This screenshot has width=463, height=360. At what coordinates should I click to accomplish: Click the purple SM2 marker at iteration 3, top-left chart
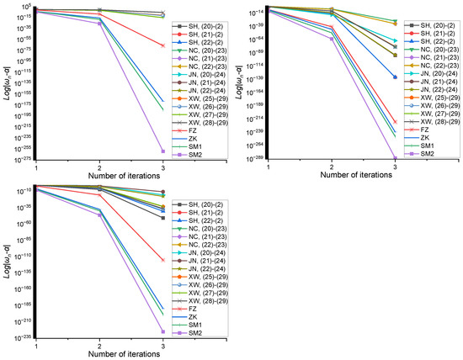coord(162,151)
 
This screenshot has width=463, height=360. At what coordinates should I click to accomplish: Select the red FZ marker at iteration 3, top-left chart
coord(162,45)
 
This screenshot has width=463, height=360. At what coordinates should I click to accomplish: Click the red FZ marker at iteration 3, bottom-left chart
coord(162,260)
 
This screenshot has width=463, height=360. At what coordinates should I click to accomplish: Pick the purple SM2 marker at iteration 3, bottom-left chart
coord(162,331)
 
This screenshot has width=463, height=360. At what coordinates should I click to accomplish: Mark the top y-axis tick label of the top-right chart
coord(255,11)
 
